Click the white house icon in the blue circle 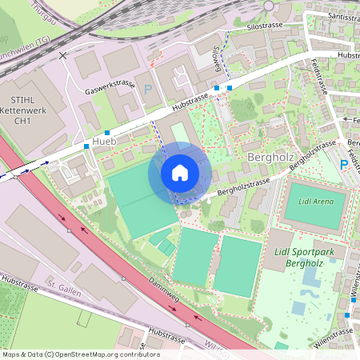click(x=180, y=173)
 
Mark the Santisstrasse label click(x=334, y=15)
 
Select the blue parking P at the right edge click(x=344, y=164)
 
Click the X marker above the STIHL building click(x=63, y=56)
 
